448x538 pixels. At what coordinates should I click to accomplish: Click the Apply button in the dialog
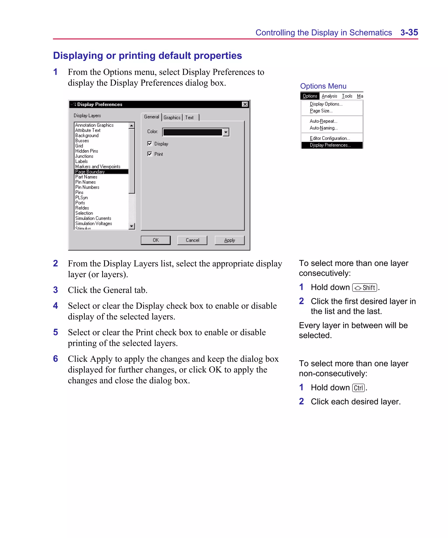[x=229, y=240]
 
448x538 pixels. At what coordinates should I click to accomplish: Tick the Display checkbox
[x=150, y=143]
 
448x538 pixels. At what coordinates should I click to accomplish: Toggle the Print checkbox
[x=150, y=154]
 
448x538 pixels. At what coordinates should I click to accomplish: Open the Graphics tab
[x=172, y=117]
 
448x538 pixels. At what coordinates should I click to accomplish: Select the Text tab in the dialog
[x=189, y=117]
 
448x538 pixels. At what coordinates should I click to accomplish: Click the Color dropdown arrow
[x=226, y=132]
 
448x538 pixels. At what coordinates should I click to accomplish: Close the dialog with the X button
[x=245, y=104]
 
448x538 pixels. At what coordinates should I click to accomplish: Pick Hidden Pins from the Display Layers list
[x=87, y=151]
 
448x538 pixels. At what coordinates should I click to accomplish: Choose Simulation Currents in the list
[x=93, y=218]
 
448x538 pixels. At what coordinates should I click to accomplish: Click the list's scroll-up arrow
[x=132, y=125]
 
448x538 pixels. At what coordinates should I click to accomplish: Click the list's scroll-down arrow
[x=132, y=226]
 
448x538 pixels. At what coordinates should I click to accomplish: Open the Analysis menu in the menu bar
[x=329, y=96]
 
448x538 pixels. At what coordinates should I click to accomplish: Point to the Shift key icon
[x=364, y=288]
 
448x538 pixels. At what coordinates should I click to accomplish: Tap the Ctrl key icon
[x=358, y=388]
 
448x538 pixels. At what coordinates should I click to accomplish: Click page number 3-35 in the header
[x=409, y=33]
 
